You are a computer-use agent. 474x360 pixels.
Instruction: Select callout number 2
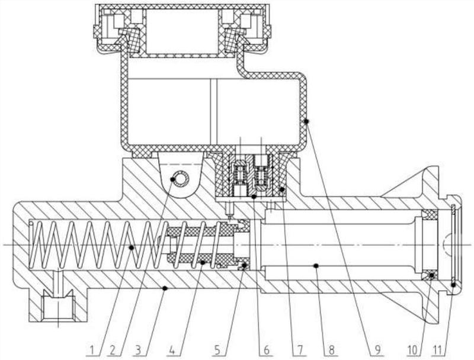[113, 350]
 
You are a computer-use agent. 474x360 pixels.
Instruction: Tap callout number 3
[138, 350]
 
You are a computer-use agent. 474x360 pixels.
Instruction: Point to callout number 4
[172, 350]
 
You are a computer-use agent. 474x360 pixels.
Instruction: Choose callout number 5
[217, 350]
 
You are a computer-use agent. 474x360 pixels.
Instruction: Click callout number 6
[266, 350]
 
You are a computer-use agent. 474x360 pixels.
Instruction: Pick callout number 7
[300, 350]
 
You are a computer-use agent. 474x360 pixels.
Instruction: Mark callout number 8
[332, 350]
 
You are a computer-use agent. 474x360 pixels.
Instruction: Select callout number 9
[377, 350]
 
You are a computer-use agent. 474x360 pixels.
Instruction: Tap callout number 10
[412, 350]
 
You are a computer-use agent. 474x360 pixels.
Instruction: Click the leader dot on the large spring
[132, 247]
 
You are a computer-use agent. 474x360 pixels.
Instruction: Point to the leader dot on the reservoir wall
[306, 121]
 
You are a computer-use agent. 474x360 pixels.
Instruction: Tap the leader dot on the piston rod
[316, 266]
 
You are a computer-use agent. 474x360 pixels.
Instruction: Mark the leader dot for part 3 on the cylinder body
[165, 288]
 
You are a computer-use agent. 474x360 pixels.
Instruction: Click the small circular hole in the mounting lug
[181, 179]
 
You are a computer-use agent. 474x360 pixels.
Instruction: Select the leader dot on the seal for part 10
[432, 275]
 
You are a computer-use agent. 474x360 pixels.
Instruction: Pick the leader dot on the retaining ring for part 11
[453, 284]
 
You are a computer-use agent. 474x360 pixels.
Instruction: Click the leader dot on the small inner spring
[203, 263]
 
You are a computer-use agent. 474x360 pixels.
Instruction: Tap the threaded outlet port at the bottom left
[58, 307]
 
